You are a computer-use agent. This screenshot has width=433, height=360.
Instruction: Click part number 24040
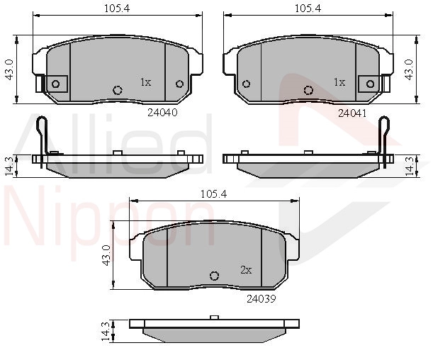pos(162,113)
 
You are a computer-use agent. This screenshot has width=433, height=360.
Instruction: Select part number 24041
pos(352,113)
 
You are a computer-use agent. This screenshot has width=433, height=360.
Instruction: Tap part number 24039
pos(262,298)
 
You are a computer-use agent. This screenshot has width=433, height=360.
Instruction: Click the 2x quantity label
pos(246,270)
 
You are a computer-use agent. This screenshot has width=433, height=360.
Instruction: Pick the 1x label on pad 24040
pos(146,82)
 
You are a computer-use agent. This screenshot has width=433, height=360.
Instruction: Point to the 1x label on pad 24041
pos(339,82)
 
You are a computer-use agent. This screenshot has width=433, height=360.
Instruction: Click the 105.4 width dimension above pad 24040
pos(117,9)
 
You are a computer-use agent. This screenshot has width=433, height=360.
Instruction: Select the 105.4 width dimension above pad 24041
pos(308,9)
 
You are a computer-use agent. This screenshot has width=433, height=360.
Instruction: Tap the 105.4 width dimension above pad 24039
pos(214,194)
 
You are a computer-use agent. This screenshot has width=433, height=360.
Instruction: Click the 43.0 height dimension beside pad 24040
pos(10,70)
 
